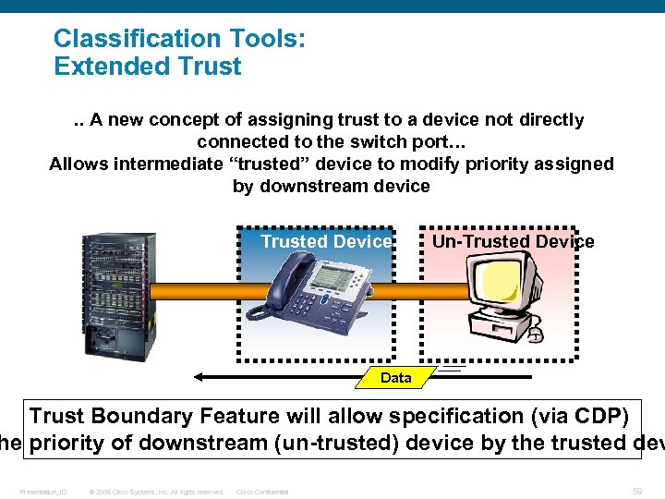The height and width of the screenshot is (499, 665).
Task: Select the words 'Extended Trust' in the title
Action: point(148,67)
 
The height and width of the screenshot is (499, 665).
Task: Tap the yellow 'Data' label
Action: point(395,377)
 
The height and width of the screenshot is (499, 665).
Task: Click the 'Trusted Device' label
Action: point(326,241)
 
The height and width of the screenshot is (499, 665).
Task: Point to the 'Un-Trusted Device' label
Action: point(513,241)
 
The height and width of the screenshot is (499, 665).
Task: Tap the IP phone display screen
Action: point(333,275)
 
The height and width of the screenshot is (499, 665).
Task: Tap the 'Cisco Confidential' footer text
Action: point(262,492)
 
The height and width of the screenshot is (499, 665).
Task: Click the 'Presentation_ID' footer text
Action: point(43,492)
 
